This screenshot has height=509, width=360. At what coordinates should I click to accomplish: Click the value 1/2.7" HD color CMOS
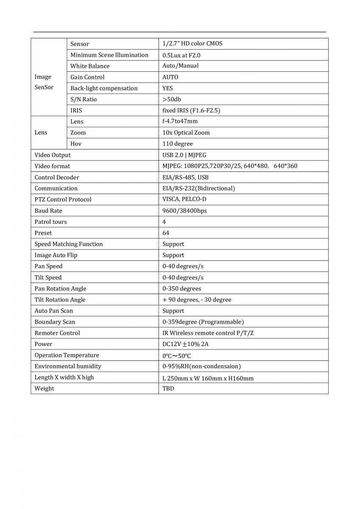coord(192,44)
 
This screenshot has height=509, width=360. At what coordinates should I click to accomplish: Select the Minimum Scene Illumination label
coord(109,55)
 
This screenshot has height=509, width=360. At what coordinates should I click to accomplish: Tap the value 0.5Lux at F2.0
coord(181,55)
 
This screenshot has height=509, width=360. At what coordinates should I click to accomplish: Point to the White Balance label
coord(90,66)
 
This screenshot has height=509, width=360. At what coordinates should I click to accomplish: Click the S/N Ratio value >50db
coord(172,99)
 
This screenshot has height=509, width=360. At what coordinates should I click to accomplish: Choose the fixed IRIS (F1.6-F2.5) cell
coord(191,110)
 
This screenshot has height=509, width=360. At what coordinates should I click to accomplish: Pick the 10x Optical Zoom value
coord(186,132)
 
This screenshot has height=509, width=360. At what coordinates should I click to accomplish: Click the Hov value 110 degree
coord(178,144)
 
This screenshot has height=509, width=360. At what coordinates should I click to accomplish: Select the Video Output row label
coord(53,155)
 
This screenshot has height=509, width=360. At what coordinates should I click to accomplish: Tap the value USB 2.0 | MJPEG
coord(184,155)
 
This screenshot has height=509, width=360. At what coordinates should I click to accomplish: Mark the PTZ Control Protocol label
coord(63,199)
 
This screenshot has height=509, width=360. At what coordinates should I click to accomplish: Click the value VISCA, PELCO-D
coord(184,199)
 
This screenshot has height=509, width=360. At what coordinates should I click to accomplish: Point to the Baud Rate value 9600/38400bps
coord(185,210)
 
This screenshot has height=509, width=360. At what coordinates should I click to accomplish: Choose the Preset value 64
coord(166,233)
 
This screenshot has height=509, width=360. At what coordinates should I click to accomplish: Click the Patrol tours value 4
coord(164,222)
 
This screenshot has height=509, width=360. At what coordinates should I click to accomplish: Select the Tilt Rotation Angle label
coord(60,299)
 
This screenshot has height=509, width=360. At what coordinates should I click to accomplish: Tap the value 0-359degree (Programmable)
coord(203,322)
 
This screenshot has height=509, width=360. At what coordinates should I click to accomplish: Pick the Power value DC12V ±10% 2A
coord(185,344)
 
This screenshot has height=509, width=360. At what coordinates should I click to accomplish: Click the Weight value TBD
coord(168,389)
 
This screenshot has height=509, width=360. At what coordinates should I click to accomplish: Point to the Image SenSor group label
coord(43,82)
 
